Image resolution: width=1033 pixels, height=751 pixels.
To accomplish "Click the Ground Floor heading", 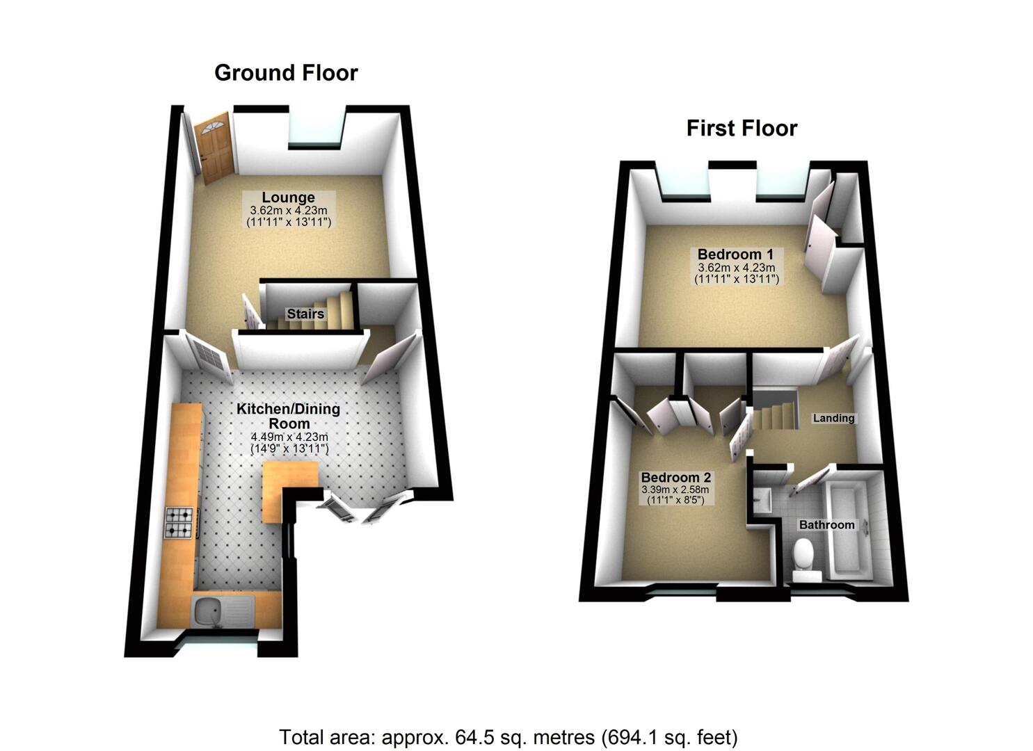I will click(x=286, y=73).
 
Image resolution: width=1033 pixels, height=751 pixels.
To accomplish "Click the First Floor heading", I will click(x=742, y=129).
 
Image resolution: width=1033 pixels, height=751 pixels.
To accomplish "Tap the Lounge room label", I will click(x=288, y=197).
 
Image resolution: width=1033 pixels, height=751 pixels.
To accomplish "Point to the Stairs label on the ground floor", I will click(x=305, y=314).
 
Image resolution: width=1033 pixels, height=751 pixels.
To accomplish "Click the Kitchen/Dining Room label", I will click(x=289, y=416).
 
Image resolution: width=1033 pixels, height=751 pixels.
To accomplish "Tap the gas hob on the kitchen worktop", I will click(x=180, y=523).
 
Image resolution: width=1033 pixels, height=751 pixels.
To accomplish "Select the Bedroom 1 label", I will click(x=735, y=255).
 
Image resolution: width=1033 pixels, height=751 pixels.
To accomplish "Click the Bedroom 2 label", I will click(x=675, y=478).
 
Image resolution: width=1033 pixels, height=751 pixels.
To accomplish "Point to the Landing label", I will click(x=833, y=418).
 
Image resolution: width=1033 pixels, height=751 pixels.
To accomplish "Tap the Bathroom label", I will click(x=826, y=524).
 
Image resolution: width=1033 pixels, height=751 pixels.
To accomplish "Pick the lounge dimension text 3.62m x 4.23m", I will click(x=288, y=210).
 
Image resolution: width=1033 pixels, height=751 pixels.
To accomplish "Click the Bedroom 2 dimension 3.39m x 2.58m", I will click(x=675, y=490).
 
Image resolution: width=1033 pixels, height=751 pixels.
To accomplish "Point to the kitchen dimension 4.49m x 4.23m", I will click(x=289, y=437).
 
